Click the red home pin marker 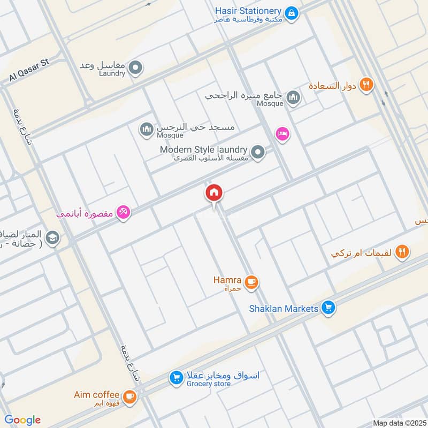tap(214, 193)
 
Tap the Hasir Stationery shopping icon tap(291, 12)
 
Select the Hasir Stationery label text tap(248, 11)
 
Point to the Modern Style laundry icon tap(258, 153)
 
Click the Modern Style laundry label tap(203, 150)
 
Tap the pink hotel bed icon tap(282, 134)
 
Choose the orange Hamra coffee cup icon tap(251, 281)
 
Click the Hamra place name tap(228, 280)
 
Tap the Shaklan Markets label tap(284, 309)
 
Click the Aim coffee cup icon tap(129, 396)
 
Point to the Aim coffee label tap(97, 395)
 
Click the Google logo tap(22, 420)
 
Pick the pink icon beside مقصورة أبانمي tap(124, 213)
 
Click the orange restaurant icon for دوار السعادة tap(366, 85)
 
